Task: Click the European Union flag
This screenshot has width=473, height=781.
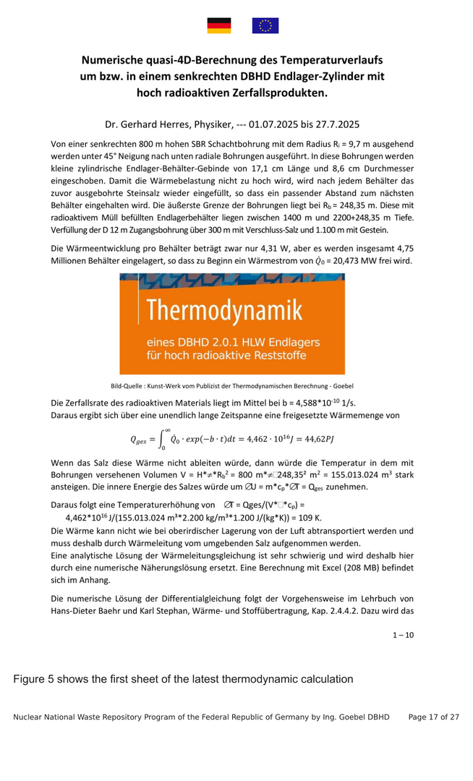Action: click(265, 26)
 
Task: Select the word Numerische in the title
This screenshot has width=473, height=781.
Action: click(116, 59)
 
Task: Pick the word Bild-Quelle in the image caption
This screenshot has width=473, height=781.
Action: click(128, 385)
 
